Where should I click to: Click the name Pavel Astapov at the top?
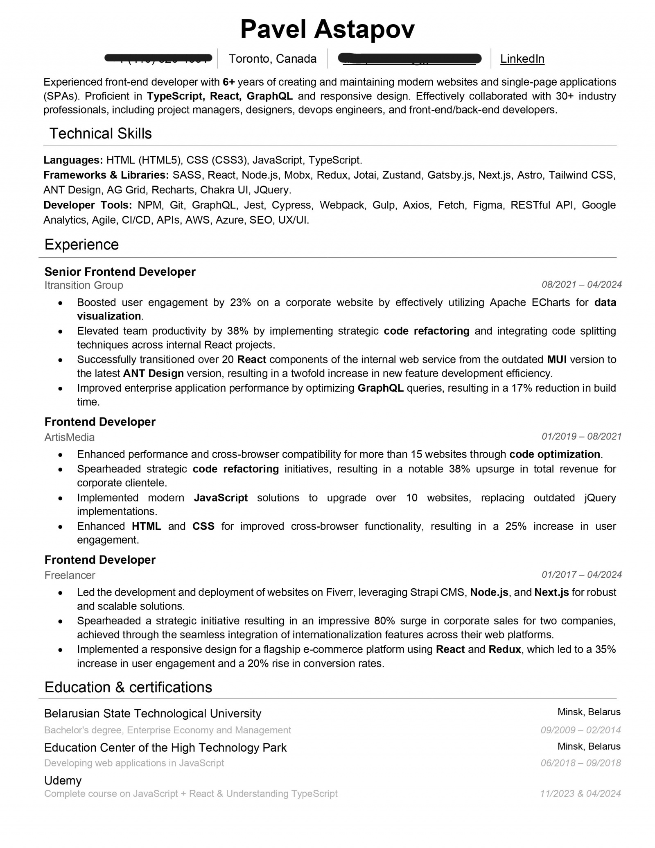[x=327, y=29]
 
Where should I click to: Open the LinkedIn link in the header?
[x=522, y=59]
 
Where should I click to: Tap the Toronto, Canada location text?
[x=272, y=59]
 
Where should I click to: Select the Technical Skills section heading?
[x=100, y=134]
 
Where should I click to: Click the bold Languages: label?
[x=73, y=160]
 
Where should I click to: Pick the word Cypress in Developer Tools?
[x=291, y=205]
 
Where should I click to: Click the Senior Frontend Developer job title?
[x=120, y=272]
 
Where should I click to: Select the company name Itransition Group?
[x=84, y=285]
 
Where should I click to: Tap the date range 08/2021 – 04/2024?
[x=581, y=284]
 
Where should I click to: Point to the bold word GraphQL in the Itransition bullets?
[x=380, y=388]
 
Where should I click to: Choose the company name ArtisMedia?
[x=69, y=437]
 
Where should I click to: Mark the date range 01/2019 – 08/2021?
[x=581, y=436]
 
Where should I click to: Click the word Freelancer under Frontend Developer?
[x=70, y=575]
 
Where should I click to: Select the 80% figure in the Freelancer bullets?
[x=384, y=621]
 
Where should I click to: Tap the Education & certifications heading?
[x=128, y=687]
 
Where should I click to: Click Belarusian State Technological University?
[x=152, y=713]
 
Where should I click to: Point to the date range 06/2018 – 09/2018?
[x=580, y=763]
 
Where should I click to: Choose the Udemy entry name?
[x=63, y=780]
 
